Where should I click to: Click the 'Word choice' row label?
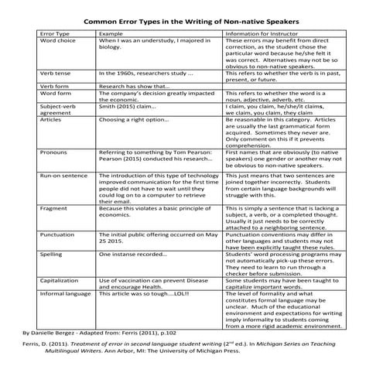[58, 42]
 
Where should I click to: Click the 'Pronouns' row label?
[54, 152]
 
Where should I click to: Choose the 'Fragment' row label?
[54, 208]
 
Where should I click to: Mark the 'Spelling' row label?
[53, 254]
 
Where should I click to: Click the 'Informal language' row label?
[65, 294]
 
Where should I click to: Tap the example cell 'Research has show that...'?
[134, 86]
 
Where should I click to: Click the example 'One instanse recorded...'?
[133, 254]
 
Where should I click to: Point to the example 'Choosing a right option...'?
[133, 121]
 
